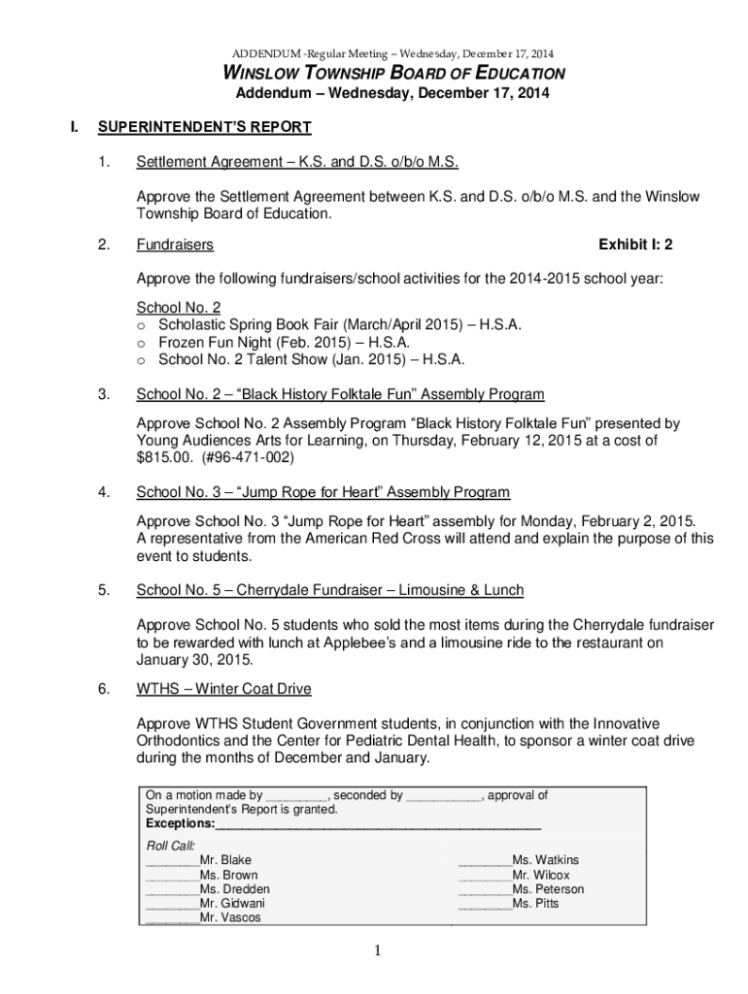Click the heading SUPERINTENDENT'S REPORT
[x=223, y=127]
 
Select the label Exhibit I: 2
[x=635, y=245]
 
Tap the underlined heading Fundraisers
[x=175, y=245]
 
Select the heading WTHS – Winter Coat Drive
[x=223, y=689]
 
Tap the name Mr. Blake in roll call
[x=224, y=860]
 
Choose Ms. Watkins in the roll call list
[x=545, y=860]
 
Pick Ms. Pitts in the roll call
[x=535, y=903]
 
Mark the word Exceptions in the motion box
[x=180, y=823]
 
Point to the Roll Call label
[x=170, y=845]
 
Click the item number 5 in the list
[x=103, y=590]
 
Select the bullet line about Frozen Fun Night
[x=284, y=343]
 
